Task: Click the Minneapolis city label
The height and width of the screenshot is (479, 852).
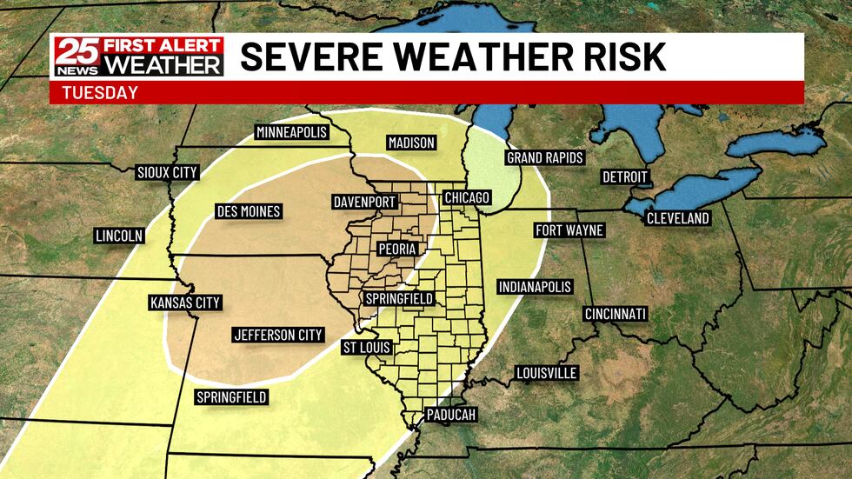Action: (291, 132)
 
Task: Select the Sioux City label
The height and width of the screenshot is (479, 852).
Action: (167, 172)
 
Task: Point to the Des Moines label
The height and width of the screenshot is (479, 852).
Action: (248, 211)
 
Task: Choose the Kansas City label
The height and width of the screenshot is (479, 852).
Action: (185, 303)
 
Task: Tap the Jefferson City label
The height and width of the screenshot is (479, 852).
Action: (278, 335)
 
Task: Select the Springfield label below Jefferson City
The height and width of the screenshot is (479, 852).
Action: (230, 397)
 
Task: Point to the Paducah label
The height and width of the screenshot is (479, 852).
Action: (451, 415)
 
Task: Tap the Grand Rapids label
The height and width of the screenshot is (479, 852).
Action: (545, 158)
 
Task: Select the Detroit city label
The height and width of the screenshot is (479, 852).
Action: (625, 177)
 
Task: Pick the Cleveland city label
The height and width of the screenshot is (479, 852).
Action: (677, 218)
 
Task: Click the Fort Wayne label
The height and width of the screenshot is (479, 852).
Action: (569, 230)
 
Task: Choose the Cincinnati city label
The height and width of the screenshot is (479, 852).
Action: (615, 313)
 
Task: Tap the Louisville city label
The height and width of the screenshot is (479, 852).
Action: (546, 373)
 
